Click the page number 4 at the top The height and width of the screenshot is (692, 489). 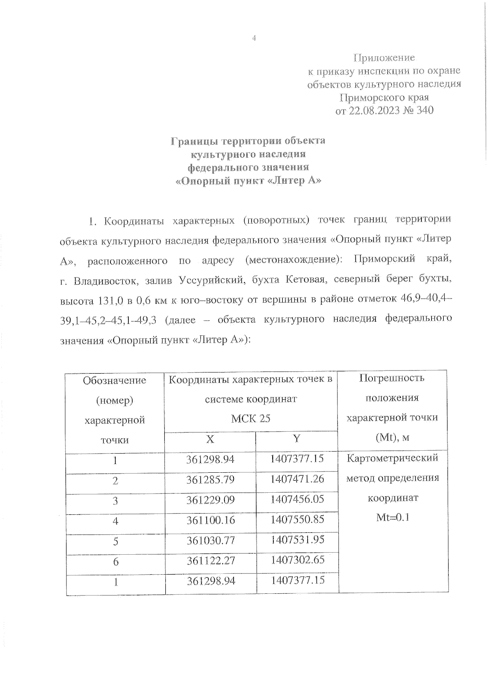[254, 39]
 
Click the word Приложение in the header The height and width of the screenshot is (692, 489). [384, 58]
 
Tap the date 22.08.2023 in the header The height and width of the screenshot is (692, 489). [373, 110]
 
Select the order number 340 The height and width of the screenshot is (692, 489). [423, 110]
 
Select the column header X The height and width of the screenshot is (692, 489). [210, 439]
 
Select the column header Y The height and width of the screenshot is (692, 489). [297, 439]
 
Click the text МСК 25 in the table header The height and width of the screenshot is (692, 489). [251, 419]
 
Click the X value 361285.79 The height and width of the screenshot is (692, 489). [210, 480]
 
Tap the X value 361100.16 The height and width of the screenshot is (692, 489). [210, 520]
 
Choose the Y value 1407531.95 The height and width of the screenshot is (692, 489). [297, 540]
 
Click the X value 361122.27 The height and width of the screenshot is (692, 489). [211, 561]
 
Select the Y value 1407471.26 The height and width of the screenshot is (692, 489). [297, 479]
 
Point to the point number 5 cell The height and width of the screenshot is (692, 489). [115, 542]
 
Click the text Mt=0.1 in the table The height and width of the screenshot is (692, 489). [392, 518]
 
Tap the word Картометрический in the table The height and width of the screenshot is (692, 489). [392, 458]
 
